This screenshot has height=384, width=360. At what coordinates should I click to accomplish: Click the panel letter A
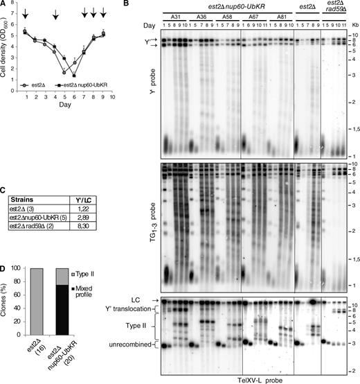coord(5,5)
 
